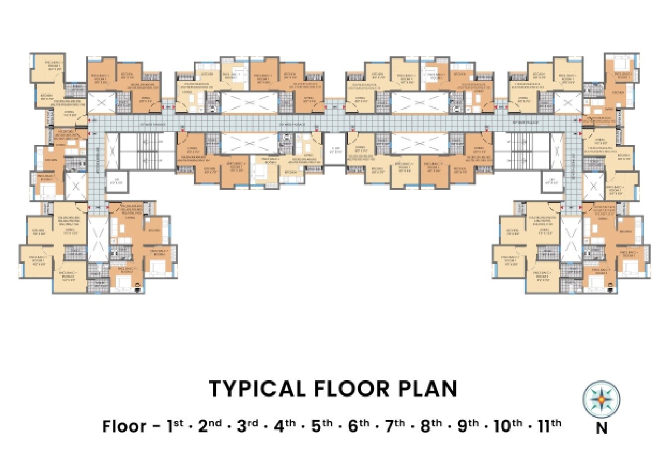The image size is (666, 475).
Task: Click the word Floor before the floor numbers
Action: [x=124, y=426]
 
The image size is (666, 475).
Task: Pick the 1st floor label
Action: [x=174, y=426]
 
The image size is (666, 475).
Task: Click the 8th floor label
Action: [x=431, y=426]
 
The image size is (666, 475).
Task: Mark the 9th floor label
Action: [x=467, y=426]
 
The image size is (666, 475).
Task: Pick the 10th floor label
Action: [x=507, y=426]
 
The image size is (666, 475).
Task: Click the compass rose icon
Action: [x=601, y=399]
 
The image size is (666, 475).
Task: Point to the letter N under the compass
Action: [x=601, y=427]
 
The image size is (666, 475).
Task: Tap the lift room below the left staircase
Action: [x=118, y=181]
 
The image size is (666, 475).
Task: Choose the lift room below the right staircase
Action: [x=549, y=181]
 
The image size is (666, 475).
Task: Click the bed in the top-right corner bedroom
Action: [x=620, y=64]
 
